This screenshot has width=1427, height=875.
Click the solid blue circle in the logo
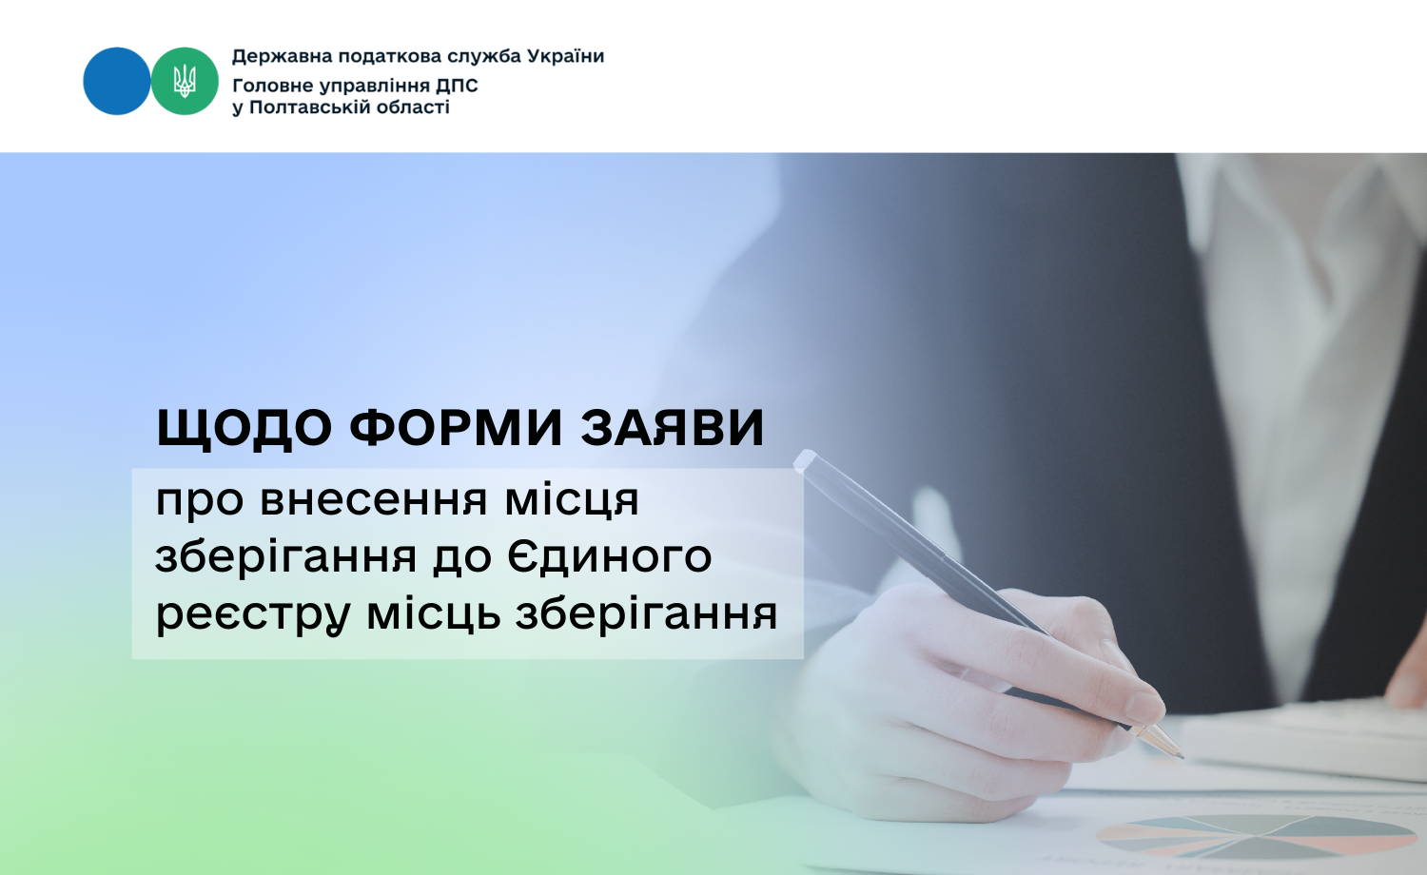pos(117,81)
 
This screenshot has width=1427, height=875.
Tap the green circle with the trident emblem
pos(185,81)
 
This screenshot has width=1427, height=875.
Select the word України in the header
pos(569,56)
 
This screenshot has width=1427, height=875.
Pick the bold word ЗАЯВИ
pos(673,427)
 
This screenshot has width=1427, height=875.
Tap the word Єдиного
pos(610,556)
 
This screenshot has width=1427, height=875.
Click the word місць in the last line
pos(433,614)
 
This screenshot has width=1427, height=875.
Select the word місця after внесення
pos(572,501)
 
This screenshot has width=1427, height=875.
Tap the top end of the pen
pos(804,459)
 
